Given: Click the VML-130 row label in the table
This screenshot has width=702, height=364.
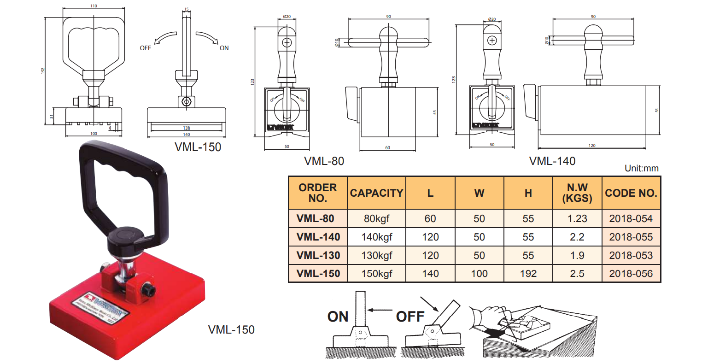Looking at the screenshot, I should coord(318,255).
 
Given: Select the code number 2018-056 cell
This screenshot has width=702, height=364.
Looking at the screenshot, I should coord(631,273).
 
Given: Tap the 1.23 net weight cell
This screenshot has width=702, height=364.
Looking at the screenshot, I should coord(577,218).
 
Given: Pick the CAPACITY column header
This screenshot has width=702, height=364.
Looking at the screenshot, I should coord(376,193).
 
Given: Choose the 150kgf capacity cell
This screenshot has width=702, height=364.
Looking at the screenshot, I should coord(376,273).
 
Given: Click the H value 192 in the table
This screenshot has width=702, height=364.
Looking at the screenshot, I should coord(528,273).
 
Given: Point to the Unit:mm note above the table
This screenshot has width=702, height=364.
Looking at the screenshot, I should coord(641,168).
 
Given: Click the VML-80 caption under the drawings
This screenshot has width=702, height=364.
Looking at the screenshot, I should coord(324,161).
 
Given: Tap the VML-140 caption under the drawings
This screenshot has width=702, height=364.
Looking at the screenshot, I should coord(552,161).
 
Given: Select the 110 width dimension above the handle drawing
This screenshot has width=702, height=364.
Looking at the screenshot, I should coord(94,6).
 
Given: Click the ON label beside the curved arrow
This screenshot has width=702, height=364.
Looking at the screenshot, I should coord(224,47).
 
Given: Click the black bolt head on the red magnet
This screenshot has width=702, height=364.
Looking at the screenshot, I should coord(150,290).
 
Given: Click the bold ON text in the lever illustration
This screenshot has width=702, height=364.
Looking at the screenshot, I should coord(338,317).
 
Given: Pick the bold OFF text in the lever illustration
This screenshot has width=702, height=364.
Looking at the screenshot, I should coord(410,317).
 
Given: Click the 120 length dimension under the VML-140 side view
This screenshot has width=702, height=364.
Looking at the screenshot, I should coord(592,146).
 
